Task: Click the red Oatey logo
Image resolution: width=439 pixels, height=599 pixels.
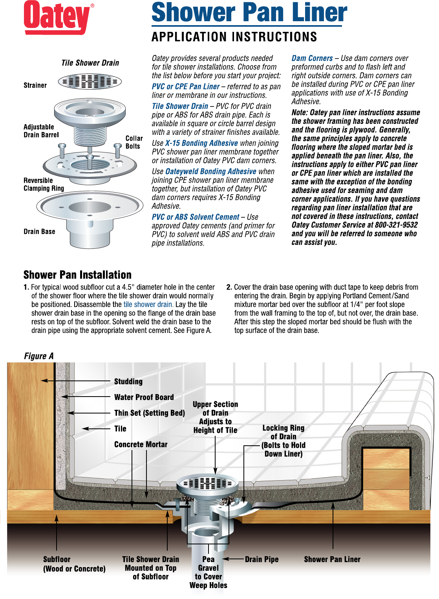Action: tap(59, 18)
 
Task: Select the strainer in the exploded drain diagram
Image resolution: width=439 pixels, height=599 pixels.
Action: tap(90, 81)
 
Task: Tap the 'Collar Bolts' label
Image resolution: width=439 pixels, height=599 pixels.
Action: tap(134, 142)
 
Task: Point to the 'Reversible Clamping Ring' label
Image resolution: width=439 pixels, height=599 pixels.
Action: tap(44, 184)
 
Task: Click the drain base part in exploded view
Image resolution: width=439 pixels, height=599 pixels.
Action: tap(90, 219)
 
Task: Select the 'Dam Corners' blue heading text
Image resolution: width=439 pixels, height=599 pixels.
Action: tap(312, 58)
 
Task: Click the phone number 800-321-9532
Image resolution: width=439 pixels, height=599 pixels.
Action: tap(396, 225)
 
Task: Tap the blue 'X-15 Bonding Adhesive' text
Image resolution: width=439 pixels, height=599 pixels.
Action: tap(201, 143)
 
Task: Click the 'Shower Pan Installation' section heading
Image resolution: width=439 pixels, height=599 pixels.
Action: tap(77, 275)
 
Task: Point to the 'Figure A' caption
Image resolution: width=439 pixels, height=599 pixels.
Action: tap(39, 356)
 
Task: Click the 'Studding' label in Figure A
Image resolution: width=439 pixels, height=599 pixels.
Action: tap(128, 381)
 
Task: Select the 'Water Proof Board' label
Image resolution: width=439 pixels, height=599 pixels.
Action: tap(144, 397)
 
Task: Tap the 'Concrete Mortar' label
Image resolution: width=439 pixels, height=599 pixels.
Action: tap(141, 445)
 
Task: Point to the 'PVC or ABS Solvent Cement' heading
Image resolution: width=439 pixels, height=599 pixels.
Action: tap(195, 217)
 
